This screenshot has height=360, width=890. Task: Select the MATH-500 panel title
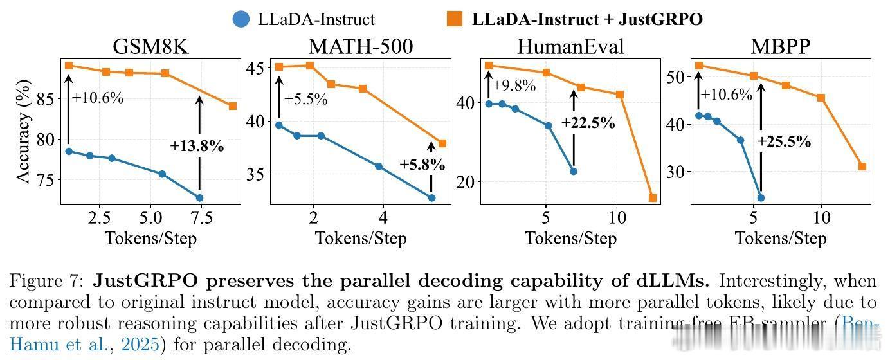[360, 47]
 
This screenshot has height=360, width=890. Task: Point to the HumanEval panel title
[570, 47]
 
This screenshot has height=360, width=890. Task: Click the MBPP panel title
[780, 47]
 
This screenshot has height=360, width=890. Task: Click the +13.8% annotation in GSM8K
[197, 146]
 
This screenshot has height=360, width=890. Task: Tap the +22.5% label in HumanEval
[588, 123]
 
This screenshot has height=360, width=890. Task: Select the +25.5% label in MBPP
[784, 141]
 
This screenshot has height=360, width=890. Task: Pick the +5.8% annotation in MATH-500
[422, 164]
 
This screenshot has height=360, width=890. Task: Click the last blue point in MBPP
[761, 198]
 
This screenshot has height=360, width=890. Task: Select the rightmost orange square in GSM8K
[232, 106]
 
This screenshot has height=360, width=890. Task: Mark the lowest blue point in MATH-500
[431, 197]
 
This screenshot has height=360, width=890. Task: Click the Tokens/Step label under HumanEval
[570, 239]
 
